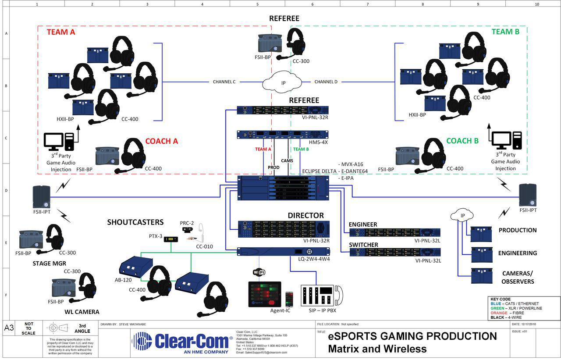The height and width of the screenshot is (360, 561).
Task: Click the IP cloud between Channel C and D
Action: pos(283,82)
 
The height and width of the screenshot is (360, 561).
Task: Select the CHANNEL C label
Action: pos(224,82)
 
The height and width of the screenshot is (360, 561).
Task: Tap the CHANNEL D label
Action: pos(326,82)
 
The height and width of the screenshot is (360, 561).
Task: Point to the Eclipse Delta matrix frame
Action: pos(283,188)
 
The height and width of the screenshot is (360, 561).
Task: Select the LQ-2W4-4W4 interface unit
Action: pos(283,252)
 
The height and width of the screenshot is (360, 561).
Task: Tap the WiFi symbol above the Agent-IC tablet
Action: pos(259,272)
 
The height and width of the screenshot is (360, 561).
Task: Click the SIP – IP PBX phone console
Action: pos(321,295)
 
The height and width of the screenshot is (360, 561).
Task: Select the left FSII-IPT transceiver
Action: pos(42,196)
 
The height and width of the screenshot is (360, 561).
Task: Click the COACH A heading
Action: pos(161,141)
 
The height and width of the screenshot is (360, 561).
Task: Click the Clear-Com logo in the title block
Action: pos(182,341)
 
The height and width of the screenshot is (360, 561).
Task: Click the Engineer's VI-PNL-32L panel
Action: pos(394,232)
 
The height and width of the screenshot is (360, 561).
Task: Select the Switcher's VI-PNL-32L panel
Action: pos(394,253)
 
